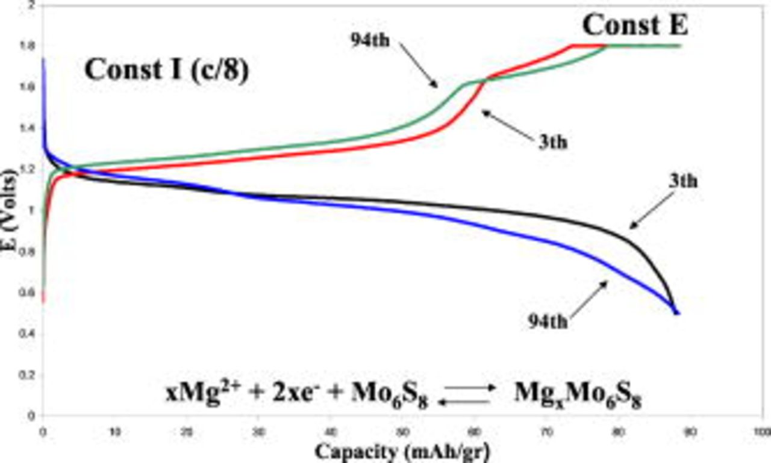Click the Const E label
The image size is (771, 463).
coord(635,25)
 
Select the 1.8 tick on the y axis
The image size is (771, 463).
coord(28,46)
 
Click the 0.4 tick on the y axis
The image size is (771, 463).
coord(28,334)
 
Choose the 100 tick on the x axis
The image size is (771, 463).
coord(761,432)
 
